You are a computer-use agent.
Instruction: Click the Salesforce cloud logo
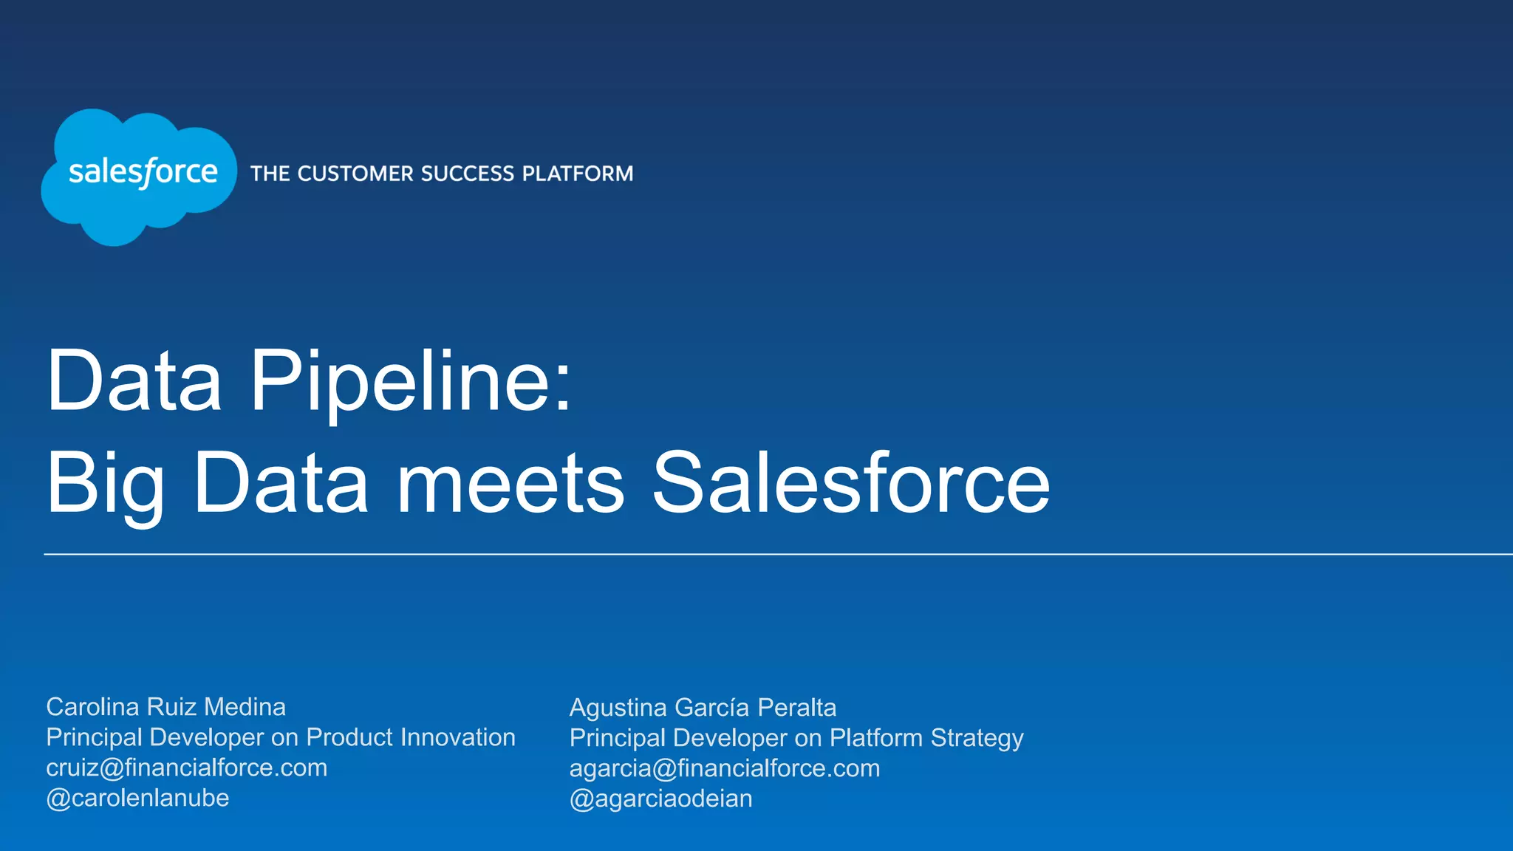139,176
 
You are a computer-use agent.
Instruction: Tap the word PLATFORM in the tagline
578,174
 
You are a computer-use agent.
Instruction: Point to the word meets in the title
510,484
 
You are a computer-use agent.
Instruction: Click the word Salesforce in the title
850,484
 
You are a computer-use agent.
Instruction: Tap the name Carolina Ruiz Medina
165,707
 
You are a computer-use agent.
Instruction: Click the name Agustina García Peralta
703,708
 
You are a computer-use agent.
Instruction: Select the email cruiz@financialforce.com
186,768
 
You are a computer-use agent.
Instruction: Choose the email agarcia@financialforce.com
724,768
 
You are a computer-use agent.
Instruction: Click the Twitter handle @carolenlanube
137,798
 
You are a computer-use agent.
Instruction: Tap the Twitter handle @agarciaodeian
660,799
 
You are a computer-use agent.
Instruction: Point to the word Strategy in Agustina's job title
977,738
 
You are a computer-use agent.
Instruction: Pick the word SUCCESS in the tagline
468,174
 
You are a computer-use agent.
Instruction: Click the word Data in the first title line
134,381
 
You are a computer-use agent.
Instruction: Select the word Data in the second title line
281,484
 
